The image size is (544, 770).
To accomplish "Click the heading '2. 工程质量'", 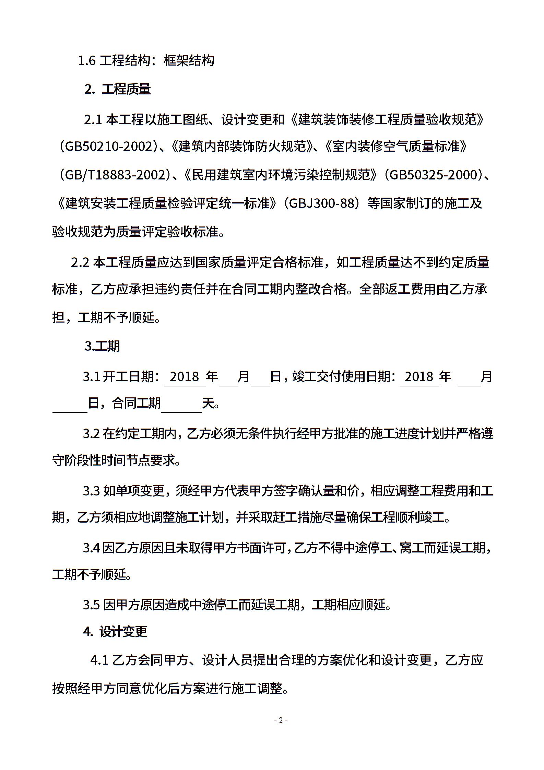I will [117, 89].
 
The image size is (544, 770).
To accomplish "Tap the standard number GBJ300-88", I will [322, 203].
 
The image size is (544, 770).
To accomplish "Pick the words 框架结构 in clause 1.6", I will [189, 61].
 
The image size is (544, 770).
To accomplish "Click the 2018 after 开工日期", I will [184, 377].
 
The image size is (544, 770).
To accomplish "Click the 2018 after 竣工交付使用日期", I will [419, 377].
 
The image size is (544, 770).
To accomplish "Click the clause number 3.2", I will [91, 434].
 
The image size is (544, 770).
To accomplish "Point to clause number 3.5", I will [91, 604].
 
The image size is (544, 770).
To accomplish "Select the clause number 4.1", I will [99, 660].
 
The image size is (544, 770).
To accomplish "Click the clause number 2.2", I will [80, 262].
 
